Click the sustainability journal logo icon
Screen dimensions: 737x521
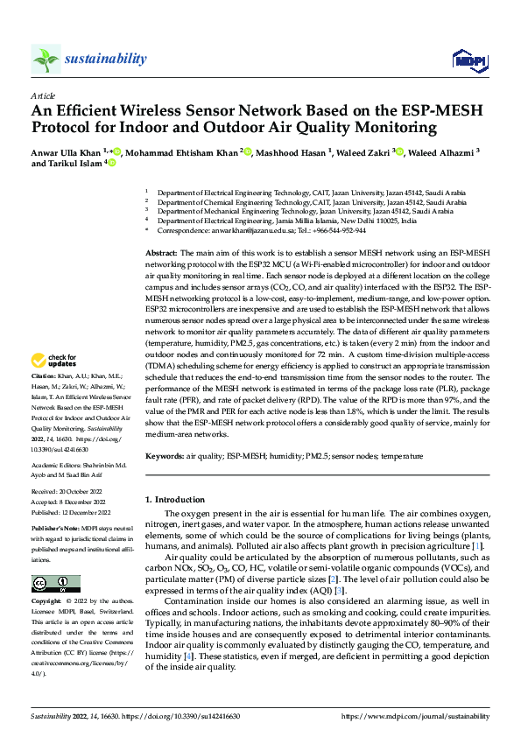[x=46, y=59]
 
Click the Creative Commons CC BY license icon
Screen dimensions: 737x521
[x=56, y=584]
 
